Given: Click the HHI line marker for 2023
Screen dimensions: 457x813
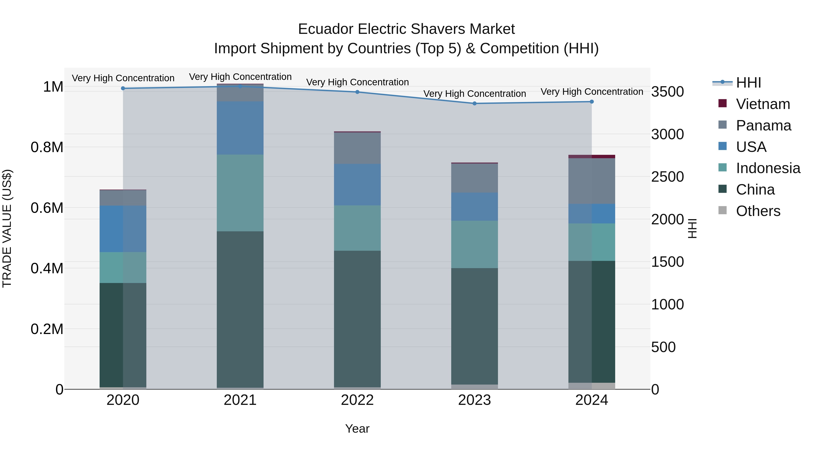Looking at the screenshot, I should coord(474,103).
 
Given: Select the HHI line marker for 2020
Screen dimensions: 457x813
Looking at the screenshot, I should coord(123,88).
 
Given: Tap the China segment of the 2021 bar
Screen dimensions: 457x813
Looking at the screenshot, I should coord(240,309).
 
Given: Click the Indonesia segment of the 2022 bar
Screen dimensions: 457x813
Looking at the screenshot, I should coord(357,228).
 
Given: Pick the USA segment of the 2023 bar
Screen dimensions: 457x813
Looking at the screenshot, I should coord(474,206).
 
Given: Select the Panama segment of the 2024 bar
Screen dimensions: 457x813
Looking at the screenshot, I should coord(592,181).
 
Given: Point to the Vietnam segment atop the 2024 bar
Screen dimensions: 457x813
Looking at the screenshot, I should coord(592,156).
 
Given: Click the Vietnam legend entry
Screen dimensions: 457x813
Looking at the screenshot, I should coord(763,104).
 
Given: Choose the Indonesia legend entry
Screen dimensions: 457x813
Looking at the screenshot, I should coord(768,168).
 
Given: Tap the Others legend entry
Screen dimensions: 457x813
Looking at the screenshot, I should coord(758,211).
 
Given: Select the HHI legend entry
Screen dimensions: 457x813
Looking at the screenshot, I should coord(748,83).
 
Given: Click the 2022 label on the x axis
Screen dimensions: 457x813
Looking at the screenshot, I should coord(357,400).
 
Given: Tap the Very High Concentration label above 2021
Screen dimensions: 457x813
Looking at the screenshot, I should coord(240,77).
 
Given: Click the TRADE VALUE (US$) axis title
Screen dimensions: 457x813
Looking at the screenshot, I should coord(7,228).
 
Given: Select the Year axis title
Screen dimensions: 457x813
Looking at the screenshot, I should coord(357,429).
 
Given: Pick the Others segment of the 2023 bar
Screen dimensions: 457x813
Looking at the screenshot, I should coord(474,387).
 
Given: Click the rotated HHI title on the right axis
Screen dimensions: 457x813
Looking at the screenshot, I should coord(692,228).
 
